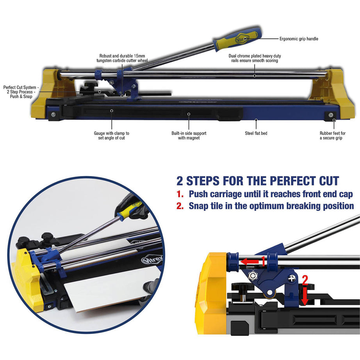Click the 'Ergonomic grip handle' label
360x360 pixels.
pos(299,39)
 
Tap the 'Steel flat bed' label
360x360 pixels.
pos(256,133)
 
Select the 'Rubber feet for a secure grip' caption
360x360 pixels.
pos(332,135)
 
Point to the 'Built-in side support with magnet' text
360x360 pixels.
pos(189,135)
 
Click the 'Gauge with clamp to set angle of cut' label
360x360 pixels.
pos(111,135)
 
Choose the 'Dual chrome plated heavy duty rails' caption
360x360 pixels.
pos(255,59)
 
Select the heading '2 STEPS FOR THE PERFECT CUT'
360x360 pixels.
pos(258,181)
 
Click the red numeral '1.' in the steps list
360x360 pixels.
pos(180,194)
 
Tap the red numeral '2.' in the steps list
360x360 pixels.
pos(180,206)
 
